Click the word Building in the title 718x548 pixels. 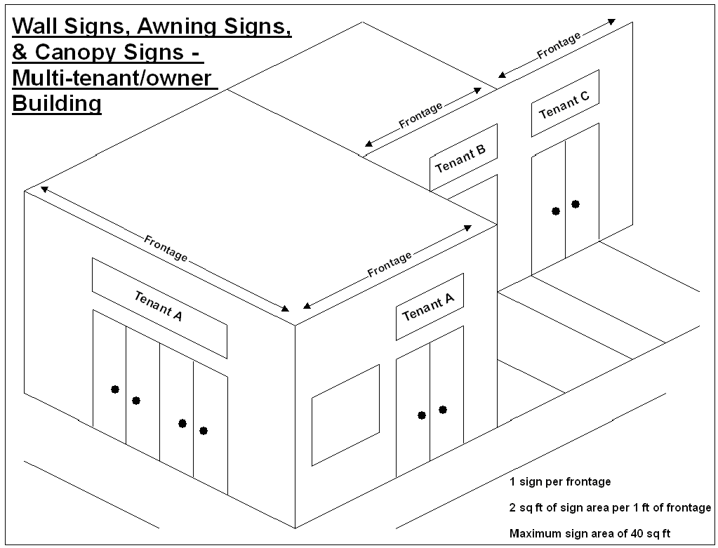[57, 104]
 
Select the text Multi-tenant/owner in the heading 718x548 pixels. [112, 78]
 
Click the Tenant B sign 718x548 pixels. [463, 158]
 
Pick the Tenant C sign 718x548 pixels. [564, 103]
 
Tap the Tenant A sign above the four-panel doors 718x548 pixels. [159, 307]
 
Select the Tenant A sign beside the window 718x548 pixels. [429, 307]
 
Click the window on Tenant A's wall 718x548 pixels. [345, 414]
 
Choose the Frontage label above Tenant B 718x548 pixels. [420, 115]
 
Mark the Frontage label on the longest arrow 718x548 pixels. [166, 248]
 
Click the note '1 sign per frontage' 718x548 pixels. [560, 482]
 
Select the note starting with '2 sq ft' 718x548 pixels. [610, 507]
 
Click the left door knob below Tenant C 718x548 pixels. [556, 210]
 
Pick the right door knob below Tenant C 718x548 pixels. [576, 204]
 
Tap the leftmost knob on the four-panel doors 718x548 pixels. [115, 389]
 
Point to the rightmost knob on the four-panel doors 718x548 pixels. [204, 430]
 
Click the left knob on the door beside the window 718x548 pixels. [422, 415]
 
